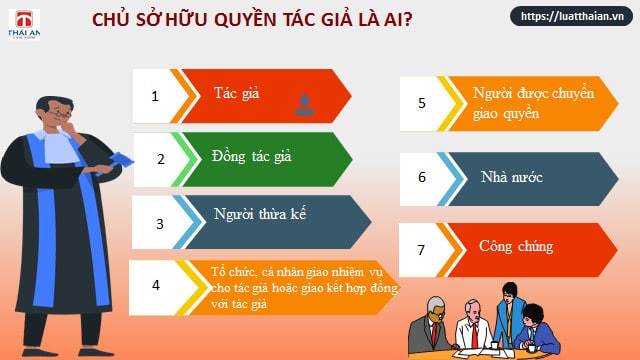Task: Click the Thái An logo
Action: pos(24,24)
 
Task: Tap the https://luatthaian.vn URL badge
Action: pos(571,16)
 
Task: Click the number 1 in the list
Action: pos(155,96)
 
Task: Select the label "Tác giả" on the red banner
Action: pos(236,93)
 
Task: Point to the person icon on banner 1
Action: pos(304,105)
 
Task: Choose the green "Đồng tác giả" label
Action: pos(251,156)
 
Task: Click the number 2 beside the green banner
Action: pos(161,159)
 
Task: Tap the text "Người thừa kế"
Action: pos(260,214)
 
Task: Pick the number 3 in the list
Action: pos(160,224)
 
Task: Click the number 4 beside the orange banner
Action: pos(156,285)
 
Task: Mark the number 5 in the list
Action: pos(422,103)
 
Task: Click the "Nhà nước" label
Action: pos(511,177)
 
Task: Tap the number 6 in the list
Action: pos(422,177)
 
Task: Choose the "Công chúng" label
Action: pos(516,247)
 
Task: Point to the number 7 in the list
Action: pos(421,250)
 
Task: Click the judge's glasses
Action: pos(60,114)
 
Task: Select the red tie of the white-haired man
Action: pos(475,335)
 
